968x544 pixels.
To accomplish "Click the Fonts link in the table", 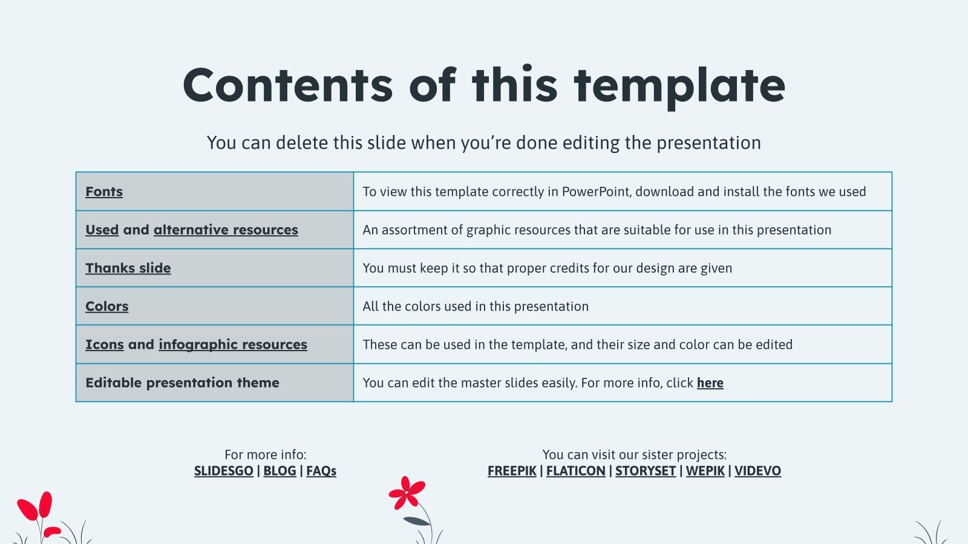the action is point(104,191).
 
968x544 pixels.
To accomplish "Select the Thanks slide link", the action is point(128,268).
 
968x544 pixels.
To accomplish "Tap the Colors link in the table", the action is point(106,306).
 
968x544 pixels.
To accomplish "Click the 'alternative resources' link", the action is point(226,230).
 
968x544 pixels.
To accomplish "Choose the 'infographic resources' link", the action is point(233,345).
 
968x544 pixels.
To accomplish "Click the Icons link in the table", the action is point(105,345).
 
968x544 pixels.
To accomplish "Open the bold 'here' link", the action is point(710,383).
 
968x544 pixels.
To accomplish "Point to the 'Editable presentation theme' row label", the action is point(182,383).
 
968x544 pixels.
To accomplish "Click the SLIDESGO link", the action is point(223,471).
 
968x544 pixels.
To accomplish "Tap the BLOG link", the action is point(280,471).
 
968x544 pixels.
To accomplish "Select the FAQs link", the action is point(321,471).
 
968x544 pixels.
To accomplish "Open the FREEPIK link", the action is point(512,471).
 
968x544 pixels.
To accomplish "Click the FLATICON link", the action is point(575,471).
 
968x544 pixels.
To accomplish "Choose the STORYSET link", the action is point(646,471).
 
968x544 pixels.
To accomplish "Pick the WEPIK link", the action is point(705,471).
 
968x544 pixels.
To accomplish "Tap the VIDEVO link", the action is point(757,471).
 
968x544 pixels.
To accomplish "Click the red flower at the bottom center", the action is point(407,493).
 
